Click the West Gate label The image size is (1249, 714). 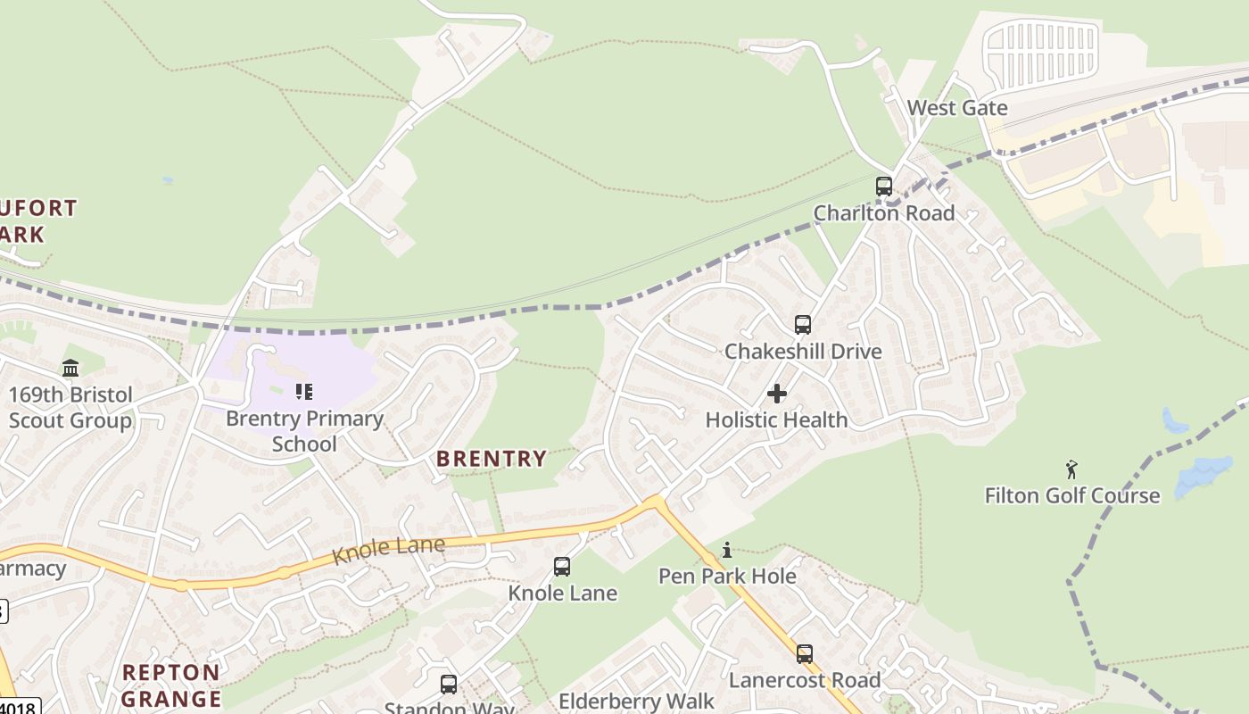pos(956,108)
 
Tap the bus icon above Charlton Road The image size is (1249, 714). pos(883,187)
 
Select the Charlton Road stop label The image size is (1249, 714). pos(883,213)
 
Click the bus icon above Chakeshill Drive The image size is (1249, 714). pos(802,325)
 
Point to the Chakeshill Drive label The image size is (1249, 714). pos(802,352)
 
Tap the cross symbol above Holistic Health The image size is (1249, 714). pos(776,394)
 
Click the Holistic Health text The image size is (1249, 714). pos(776,419)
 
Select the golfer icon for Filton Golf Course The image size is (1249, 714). pos(1071,469)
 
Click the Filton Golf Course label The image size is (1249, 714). pos(1071,496)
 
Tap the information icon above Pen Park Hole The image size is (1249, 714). pos(727,550)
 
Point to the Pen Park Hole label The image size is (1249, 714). pos(727,577)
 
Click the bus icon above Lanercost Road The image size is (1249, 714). pos(804,654)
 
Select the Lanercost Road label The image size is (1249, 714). pos(804,681)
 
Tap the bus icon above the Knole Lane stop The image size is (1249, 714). pos(562,567)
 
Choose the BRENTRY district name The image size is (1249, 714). pos(491,460)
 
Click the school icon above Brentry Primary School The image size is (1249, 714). pos(304,392)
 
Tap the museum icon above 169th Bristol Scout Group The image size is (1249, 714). pos(70,368)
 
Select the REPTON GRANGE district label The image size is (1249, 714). pos(171,685)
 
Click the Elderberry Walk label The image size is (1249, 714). pos(636,702)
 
